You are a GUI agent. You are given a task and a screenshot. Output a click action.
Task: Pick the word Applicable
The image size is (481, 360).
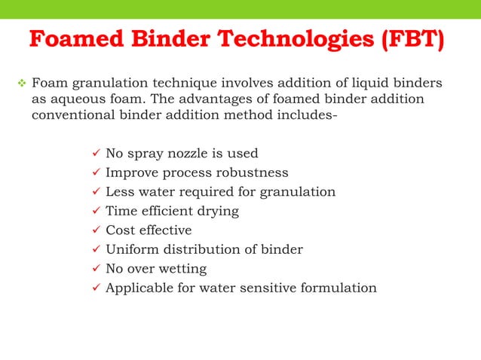[139, 288]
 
